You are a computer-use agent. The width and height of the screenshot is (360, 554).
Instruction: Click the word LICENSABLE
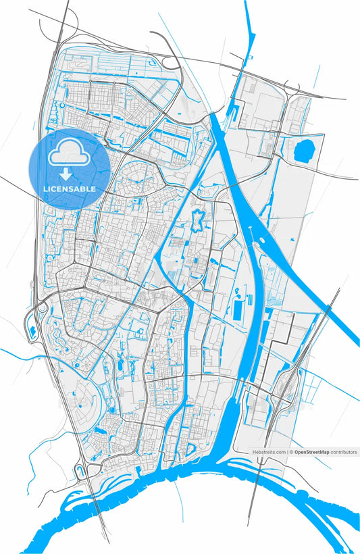70,189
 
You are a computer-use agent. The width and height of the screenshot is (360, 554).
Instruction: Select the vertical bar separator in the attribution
287,451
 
